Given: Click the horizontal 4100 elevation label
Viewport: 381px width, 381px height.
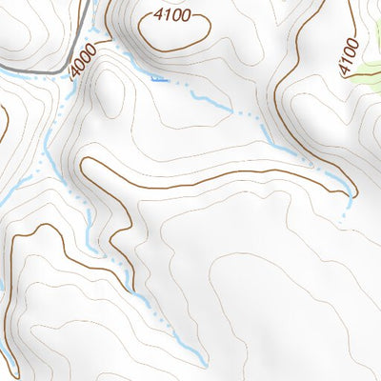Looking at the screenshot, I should pyautogui.click(x=171, y=15).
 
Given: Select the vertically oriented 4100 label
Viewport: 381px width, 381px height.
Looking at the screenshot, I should pyautogui.click(x=349, y=56).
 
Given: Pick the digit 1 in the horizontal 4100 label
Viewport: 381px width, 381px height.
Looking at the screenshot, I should pyautogui.click(x=163, y=15).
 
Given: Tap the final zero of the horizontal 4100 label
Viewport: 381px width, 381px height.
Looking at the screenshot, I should pyautogui.click(x=186, y=15).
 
